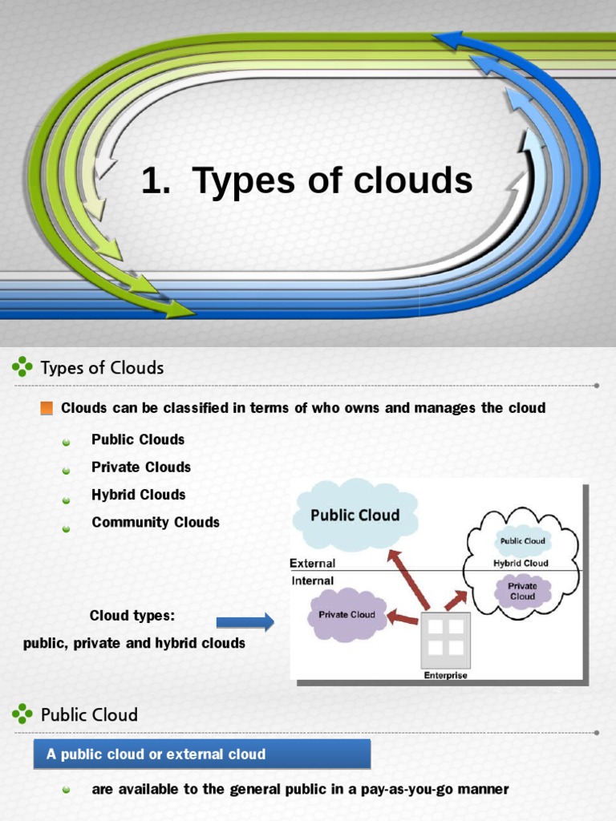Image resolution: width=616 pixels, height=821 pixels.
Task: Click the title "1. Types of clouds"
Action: tap(307, 180)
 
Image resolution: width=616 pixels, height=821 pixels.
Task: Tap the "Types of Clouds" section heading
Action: tap(102, 368)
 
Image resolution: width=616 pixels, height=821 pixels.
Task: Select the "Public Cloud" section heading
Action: tap(89, 714)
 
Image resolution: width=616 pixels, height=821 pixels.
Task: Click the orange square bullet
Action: tap(47, 408)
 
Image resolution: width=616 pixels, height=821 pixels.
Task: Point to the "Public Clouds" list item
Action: tap(138, 439)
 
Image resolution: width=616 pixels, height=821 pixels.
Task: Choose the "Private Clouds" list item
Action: tap(141, 467)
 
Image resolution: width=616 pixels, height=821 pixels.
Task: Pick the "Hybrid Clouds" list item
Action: tap(138, 495)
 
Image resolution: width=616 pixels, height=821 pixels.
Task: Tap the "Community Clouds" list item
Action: tap(156, 522)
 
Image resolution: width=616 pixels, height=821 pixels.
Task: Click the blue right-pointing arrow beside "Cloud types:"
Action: tap(245, 621)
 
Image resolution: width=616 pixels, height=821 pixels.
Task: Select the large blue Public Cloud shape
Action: tap(355, 514)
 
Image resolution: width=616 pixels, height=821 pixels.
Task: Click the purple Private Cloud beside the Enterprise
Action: tap(346, 615)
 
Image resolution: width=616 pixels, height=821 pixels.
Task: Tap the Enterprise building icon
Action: tap(446, 637)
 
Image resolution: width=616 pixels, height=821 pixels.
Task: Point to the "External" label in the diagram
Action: tap(312, 564)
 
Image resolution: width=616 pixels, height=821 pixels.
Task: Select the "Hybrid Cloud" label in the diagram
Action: tap(521, 563)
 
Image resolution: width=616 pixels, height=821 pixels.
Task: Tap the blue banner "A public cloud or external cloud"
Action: tap(202, 754)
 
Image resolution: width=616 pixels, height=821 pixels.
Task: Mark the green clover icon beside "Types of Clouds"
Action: tap(22, 368)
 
